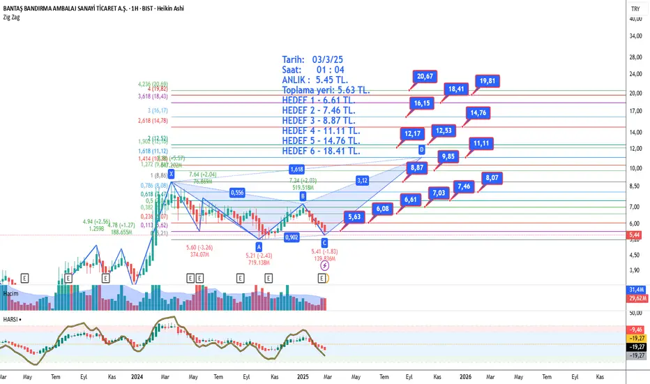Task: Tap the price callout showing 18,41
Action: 456,89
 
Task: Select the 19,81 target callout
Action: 487,80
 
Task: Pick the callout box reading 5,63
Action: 354,216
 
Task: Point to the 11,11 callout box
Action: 480,143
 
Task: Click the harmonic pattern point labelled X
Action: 171,174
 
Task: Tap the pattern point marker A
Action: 259,246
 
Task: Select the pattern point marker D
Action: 421,149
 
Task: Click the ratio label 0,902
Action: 292,237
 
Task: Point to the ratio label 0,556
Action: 238,193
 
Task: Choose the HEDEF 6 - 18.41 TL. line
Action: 321,151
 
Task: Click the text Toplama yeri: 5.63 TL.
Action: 326,90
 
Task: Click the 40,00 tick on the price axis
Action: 635,19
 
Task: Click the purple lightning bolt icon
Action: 325,266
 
